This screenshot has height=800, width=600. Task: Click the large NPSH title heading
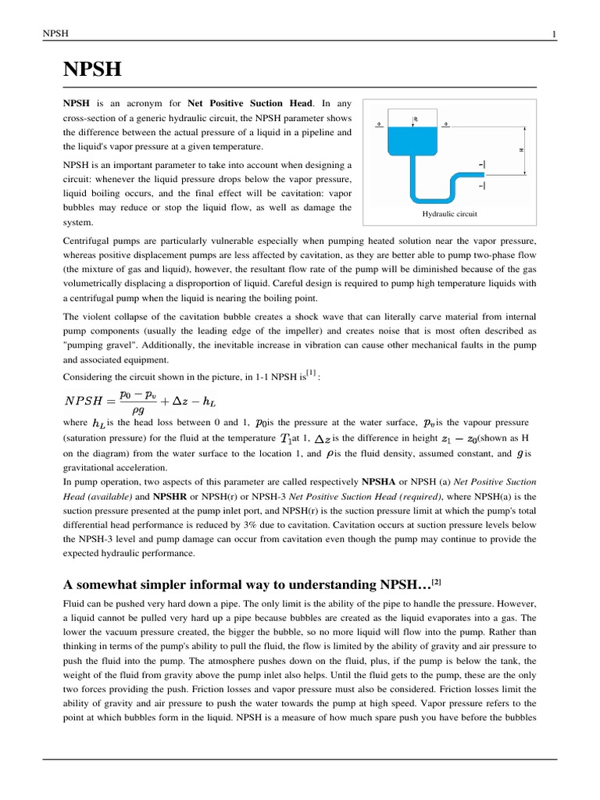pos(92,70)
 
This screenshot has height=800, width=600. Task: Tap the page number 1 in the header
pos(553,34)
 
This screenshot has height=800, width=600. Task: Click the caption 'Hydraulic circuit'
pos(448,213)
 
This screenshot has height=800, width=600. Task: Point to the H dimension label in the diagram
pos(521,149)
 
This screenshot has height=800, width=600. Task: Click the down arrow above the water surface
pos(415,119)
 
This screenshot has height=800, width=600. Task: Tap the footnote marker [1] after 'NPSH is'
pos(311,373)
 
